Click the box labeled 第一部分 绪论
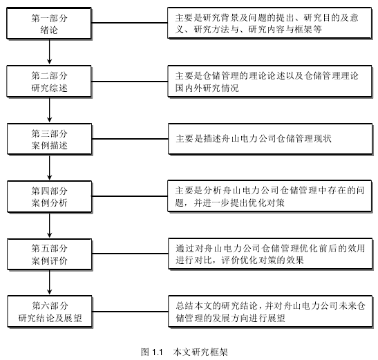tap(49, 23)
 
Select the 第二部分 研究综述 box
tap(49, 82)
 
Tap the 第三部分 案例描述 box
tap(50, 139)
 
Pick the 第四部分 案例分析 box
tap(50, 196)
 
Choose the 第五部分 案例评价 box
tap(50, 254)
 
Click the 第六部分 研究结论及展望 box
tap(50, 312)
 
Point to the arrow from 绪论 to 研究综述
tap(50, 52)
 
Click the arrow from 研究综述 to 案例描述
tap(50, 110)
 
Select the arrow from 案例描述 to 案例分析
tap(50, 167)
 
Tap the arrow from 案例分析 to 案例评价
tap(50, 225)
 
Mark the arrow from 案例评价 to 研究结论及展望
tap(50, 283)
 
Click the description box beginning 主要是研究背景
tap(270, 23)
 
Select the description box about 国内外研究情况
tap(270, 82)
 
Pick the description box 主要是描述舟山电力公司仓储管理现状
tap(270, 139)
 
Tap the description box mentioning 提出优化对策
tap(270, 196)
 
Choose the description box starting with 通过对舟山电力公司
tap(270, 254)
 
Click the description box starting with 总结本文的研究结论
tap(270, 312)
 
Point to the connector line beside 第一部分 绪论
tap(130, 23)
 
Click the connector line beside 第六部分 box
tap(130, 312)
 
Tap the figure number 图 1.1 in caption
tap(152, 352)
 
